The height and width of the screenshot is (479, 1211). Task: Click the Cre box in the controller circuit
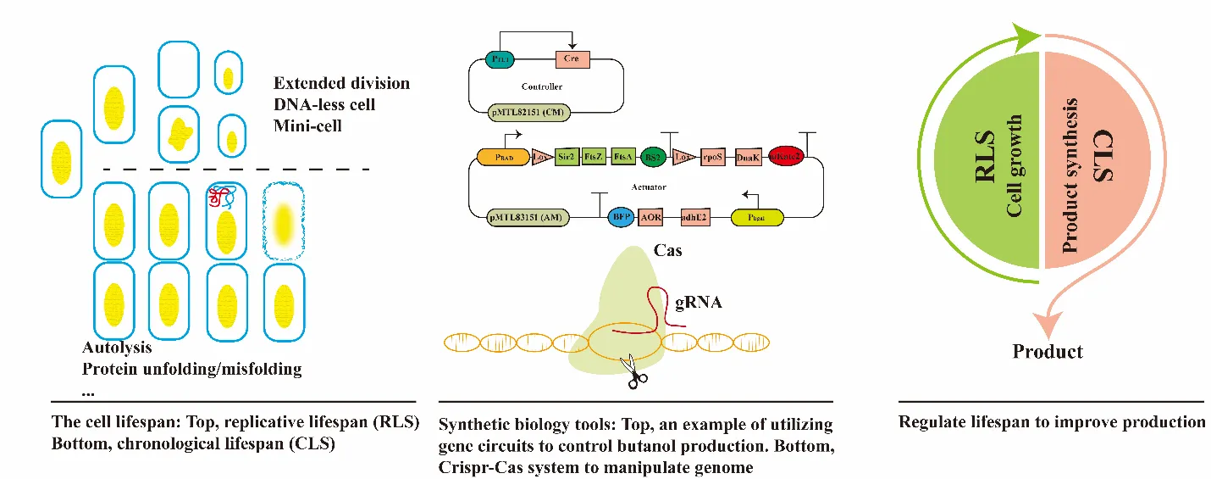click(x=572, y=59)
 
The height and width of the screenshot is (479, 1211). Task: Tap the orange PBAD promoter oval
click(x=501, y=158)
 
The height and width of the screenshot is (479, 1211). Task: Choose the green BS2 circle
click(x=652, y=158)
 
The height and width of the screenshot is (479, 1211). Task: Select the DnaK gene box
click(x=748, y=158)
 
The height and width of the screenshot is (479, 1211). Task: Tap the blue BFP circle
click(x=622, y=217)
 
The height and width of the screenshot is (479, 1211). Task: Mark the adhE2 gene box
click(x=693, y=217)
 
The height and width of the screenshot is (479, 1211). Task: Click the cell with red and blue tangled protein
click(x=225, y=220)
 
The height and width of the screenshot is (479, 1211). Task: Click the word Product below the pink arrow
click(x=1048, y=351)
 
